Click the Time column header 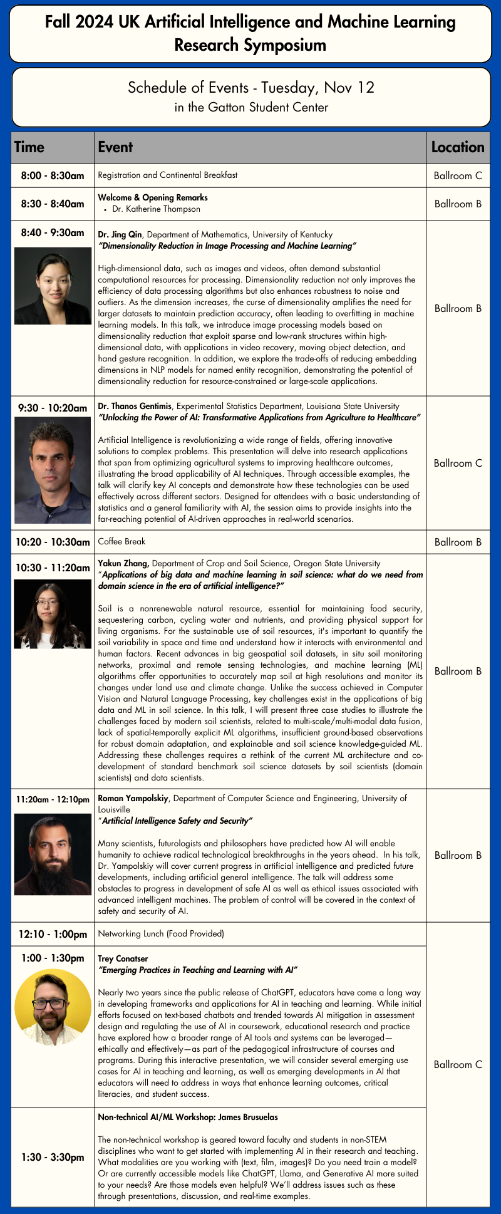(x=29, y=147)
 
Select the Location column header (x=458, y=147)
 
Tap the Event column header (x=116, y=147)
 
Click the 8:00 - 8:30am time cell (x=53, y=176)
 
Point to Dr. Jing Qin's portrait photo (x=53, y=285)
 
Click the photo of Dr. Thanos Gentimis (x=53, y=470)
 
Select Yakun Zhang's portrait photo (x=53, y=613)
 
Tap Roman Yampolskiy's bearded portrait (x=53, y=854)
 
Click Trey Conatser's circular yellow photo (x=53, y=1007)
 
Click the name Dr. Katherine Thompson (x=157, y=209)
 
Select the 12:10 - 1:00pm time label (x=53, y=934)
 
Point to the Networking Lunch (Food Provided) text (x=161, y=933)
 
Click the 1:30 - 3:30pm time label (x=53, y=1157)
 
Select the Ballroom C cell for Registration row (x=458, y=176)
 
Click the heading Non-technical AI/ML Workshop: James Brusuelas (x=188, y=1117)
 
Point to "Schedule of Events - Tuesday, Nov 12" (x=250, y=88)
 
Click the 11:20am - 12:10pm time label (x=53, y=799)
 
